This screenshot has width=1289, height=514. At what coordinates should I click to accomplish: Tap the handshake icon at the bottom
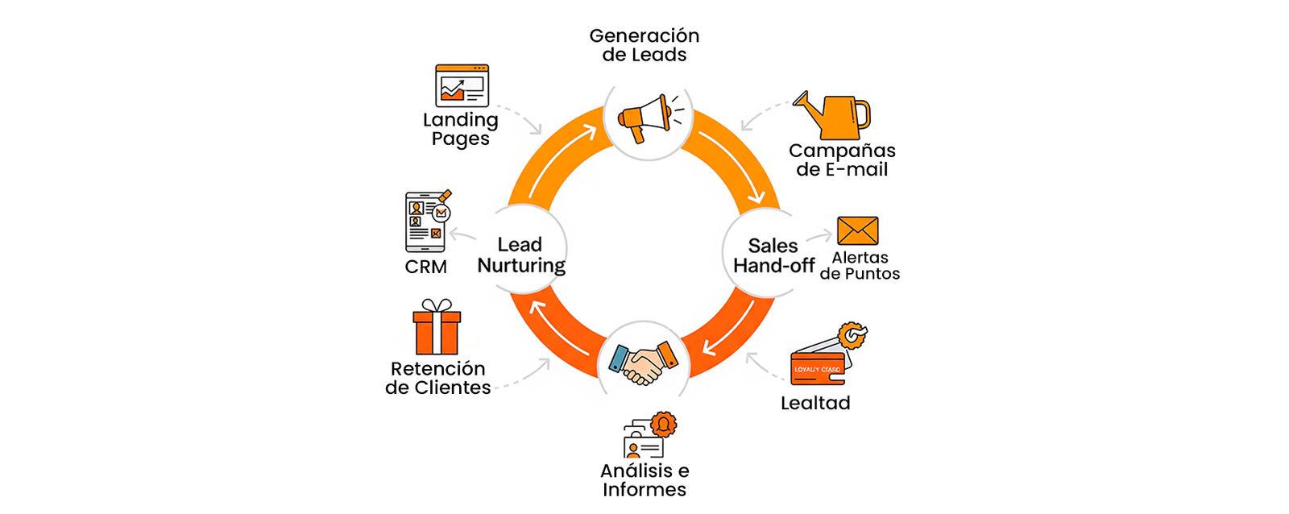643,363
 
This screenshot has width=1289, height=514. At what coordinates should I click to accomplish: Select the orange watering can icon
833,115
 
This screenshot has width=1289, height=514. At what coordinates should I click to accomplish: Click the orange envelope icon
857,230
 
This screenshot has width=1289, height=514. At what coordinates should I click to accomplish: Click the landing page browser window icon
462,85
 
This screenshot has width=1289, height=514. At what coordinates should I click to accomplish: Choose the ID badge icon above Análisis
649,437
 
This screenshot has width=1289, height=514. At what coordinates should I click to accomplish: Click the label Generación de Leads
644,45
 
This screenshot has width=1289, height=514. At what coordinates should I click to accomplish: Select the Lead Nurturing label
520,255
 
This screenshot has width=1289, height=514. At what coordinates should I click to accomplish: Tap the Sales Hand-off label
773,255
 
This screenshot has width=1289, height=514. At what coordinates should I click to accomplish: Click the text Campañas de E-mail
842,160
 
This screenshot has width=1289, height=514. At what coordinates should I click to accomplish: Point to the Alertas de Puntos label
860,266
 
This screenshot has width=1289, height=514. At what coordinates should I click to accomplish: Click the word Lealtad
815,403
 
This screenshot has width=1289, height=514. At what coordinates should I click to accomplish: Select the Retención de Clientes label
438,378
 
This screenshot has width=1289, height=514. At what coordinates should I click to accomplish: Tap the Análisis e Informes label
644,480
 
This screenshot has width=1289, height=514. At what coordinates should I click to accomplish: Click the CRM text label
425,267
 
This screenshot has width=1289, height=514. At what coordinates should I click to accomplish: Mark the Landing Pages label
461,129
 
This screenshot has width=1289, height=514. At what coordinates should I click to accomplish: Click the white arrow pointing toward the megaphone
561,157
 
